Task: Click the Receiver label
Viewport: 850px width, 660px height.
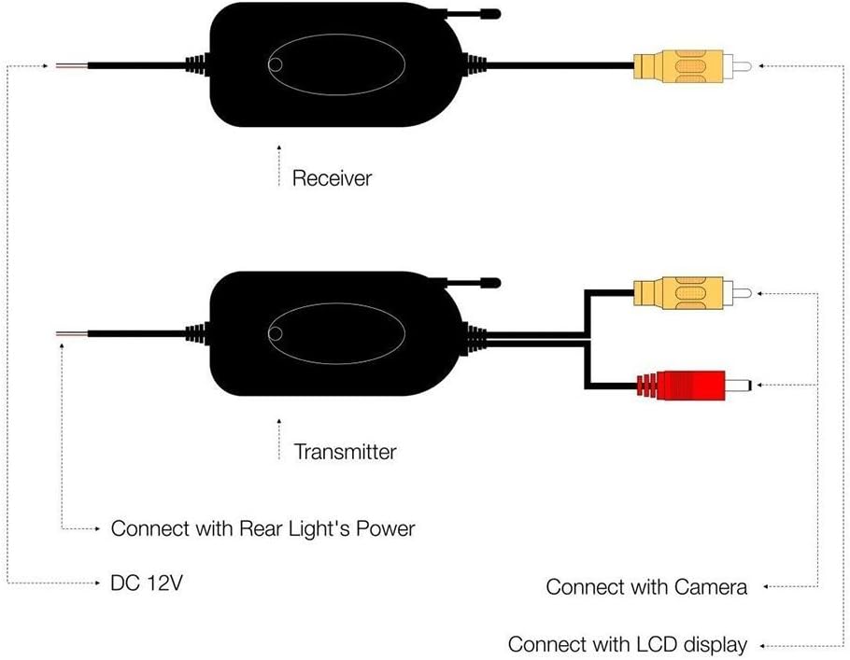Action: (x=332, y=178)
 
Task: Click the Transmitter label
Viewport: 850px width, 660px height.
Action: (x=345, y=452)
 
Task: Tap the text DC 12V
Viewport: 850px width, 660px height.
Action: (x=147, y=583)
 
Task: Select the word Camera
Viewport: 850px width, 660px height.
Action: (x=710, y=587)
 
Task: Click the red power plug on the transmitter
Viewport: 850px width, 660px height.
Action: (x=694, y=386)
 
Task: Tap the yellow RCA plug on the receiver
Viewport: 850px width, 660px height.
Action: (x=692, y=66)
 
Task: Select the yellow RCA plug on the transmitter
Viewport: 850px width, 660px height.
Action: (x=692, y=294)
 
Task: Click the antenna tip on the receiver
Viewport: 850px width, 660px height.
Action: (x=492, y=14)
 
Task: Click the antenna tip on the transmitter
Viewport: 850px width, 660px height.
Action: (x=492, y=282)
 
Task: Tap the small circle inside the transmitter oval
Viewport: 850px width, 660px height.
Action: (x=276, y=334)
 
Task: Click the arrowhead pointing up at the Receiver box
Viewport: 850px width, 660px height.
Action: (x=279, y=147)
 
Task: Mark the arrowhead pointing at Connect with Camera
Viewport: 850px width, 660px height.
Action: (x=766, y=587)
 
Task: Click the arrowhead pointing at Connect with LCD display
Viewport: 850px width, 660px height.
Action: (x=762, y=646)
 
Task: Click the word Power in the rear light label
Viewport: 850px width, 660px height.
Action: (x=385, y=528)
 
